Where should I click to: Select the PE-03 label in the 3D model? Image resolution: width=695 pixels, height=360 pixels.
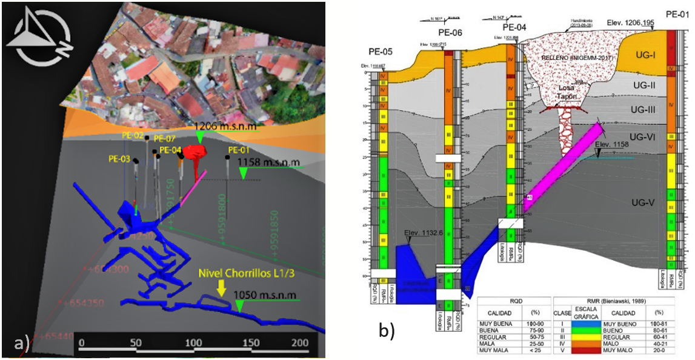click(x=120, y=159)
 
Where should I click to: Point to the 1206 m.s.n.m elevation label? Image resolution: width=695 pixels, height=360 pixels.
click(x=225, y=127)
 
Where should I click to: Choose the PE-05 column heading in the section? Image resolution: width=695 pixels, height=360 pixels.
click(x=382, y=51)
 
